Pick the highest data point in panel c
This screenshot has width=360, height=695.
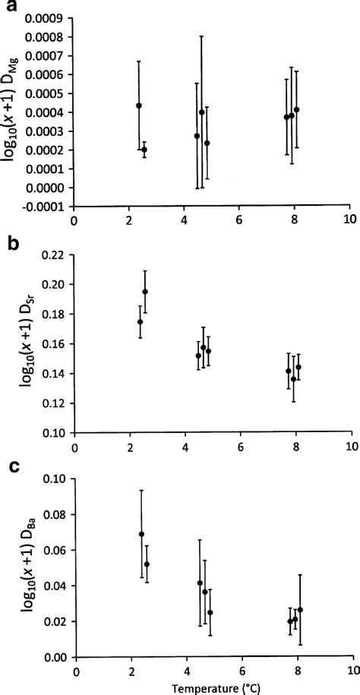141,534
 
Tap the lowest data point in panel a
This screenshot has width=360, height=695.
144,150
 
